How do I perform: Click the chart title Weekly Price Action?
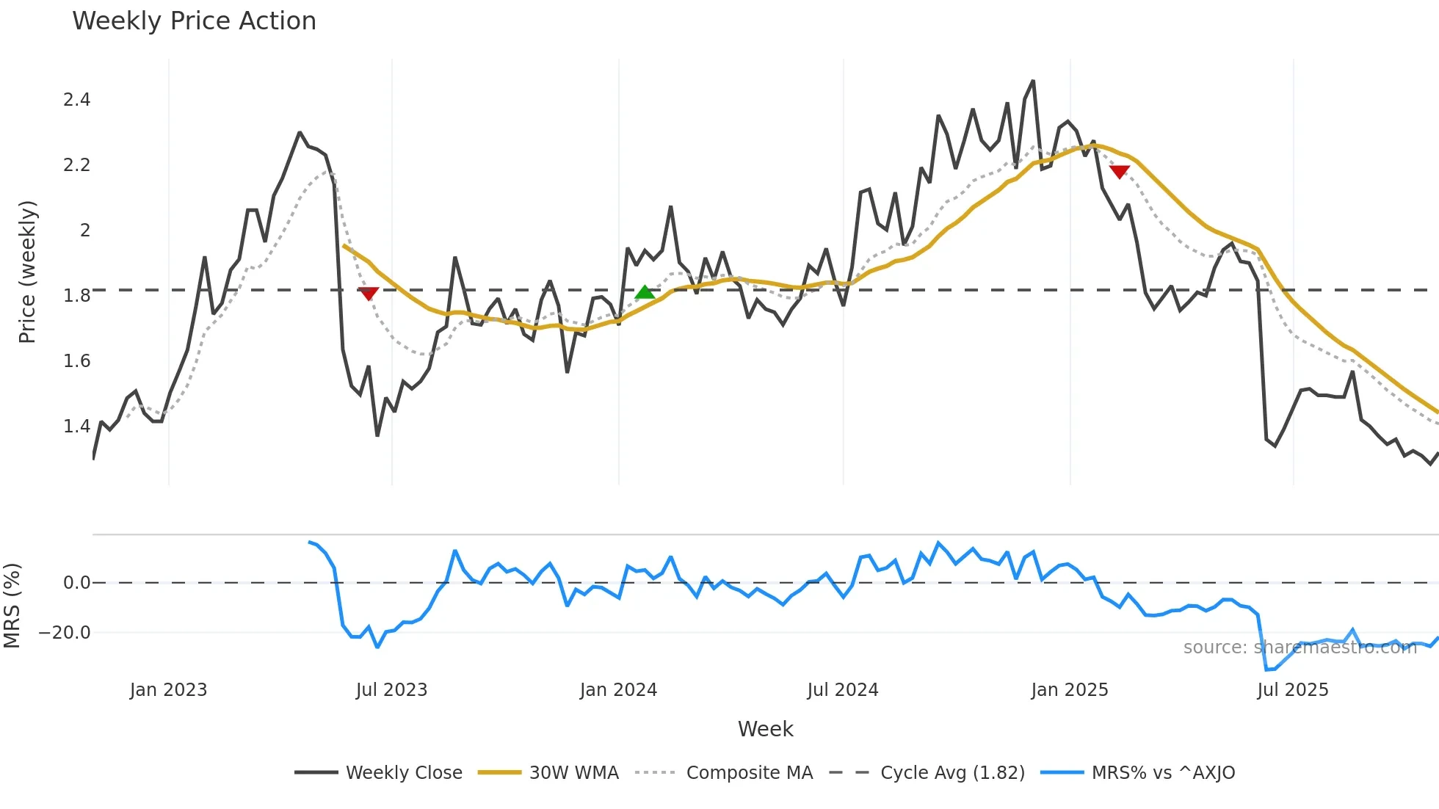coord(194,21)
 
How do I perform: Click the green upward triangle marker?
coord(645,292)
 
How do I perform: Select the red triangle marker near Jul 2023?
coord(369,294)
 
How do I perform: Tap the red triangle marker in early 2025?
coord(1119,172)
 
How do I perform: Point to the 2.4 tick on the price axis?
coord(76,100)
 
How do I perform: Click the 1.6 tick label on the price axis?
coord(76,361)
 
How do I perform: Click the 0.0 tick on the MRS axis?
coord(76,583)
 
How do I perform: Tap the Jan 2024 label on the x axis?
coord(618,690)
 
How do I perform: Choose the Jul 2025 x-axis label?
coord(1292,690)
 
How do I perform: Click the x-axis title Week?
coord(765,729)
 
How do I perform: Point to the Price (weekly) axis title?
coord(27,272)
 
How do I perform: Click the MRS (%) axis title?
coord(12,606)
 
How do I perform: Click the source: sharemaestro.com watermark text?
coord(1300,647)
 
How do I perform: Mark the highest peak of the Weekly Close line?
coord(1033,81)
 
